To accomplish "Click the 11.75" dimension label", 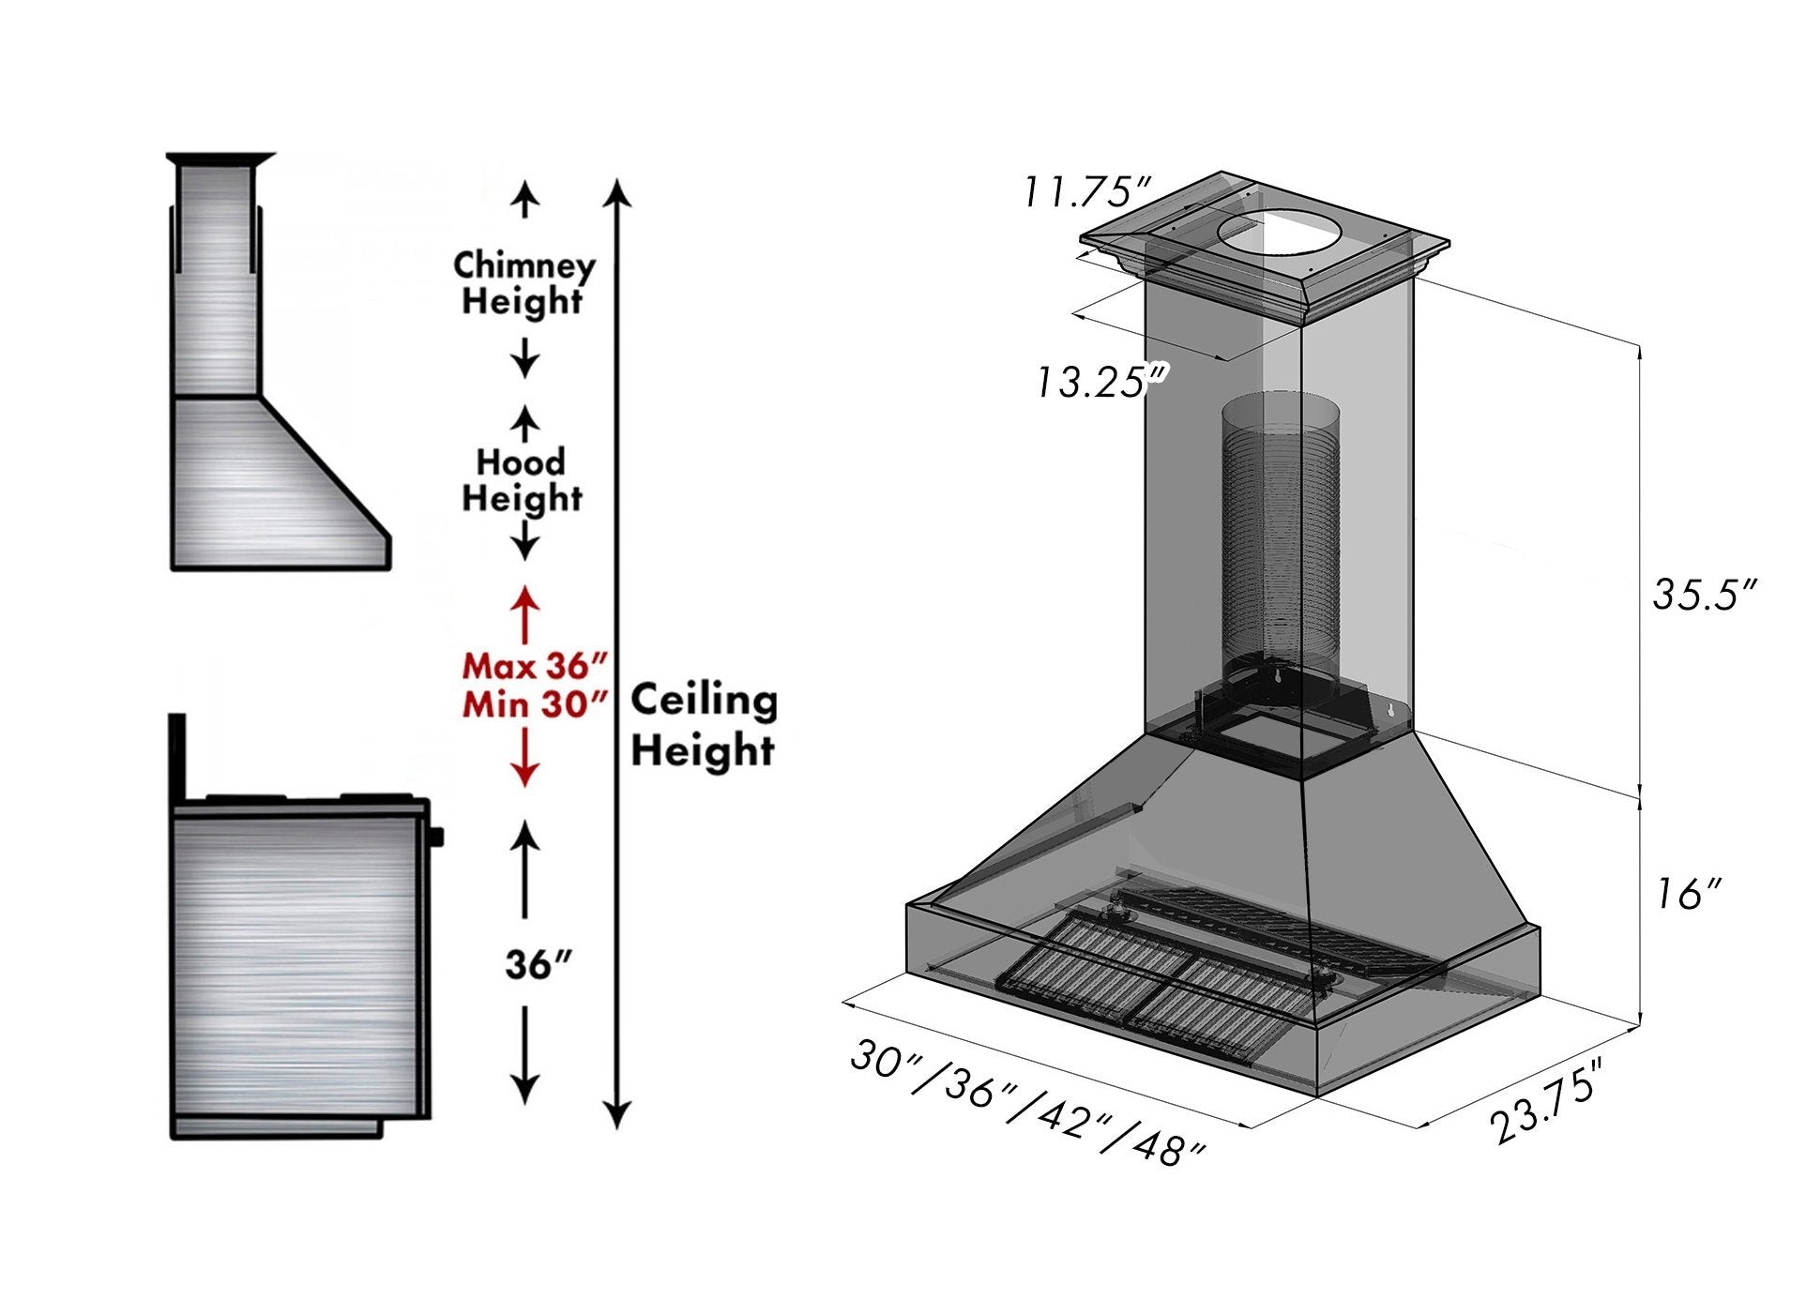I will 1085,192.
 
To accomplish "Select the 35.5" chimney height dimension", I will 1703,595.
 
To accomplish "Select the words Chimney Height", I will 524,283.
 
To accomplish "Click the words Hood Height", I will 522,480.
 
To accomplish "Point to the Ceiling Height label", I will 704,725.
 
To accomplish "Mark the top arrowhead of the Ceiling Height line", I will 616,191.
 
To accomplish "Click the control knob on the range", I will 436,837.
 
